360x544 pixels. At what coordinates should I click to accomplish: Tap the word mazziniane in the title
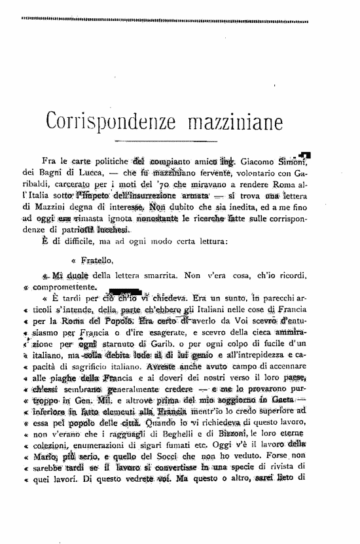pos(224,122)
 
